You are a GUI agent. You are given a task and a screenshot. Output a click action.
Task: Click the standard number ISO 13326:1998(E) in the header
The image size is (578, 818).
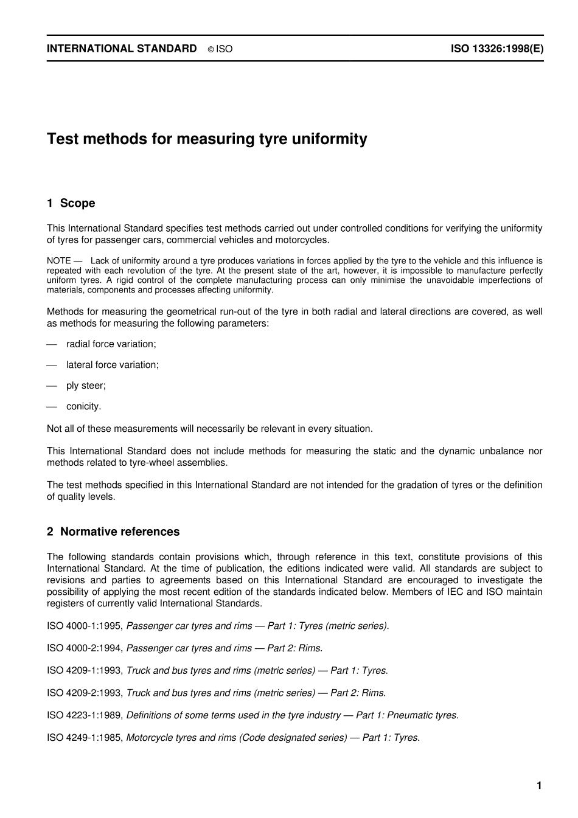[496, 49]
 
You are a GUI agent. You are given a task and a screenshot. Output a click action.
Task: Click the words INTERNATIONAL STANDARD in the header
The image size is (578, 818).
[122, 49]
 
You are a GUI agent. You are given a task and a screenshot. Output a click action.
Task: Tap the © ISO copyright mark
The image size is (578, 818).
[220, 49]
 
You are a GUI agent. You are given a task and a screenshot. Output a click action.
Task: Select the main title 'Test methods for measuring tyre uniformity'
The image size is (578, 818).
[207, 139]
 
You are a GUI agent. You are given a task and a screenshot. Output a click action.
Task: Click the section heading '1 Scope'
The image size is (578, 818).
[71, 203]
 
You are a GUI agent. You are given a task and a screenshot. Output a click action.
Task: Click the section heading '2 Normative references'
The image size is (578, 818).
[113, 532]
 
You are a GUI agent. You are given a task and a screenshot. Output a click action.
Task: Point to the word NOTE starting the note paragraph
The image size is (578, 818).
[59, 261]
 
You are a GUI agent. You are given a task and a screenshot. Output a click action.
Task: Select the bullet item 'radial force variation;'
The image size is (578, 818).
[111, 344]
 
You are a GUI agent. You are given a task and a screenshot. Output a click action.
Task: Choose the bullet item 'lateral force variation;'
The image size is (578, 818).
[113, 365]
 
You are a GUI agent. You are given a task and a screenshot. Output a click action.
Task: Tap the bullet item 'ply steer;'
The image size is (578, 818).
[86, 386]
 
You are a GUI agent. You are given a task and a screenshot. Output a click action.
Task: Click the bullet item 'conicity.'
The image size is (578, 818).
[84, 406]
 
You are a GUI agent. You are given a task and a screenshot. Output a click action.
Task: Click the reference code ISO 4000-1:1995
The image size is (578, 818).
[85, 626]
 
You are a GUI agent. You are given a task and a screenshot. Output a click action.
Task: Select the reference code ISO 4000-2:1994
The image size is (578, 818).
[85, 648]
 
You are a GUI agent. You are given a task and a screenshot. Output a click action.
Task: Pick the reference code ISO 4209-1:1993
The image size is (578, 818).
[85, 671]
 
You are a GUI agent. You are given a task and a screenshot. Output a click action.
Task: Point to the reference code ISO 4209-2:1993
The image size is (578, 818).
[85, 693]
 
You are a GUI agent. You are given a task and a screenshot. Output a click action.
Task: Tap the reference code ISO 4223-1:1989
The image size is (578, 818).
[85, 715]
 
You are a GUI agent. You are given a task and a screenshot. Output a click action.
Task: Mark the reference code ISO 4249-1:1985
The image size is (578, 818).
[85, 738]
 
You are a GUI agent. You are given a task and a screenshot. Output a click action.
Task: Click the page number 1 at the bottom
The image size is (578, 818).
[539, 786]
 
